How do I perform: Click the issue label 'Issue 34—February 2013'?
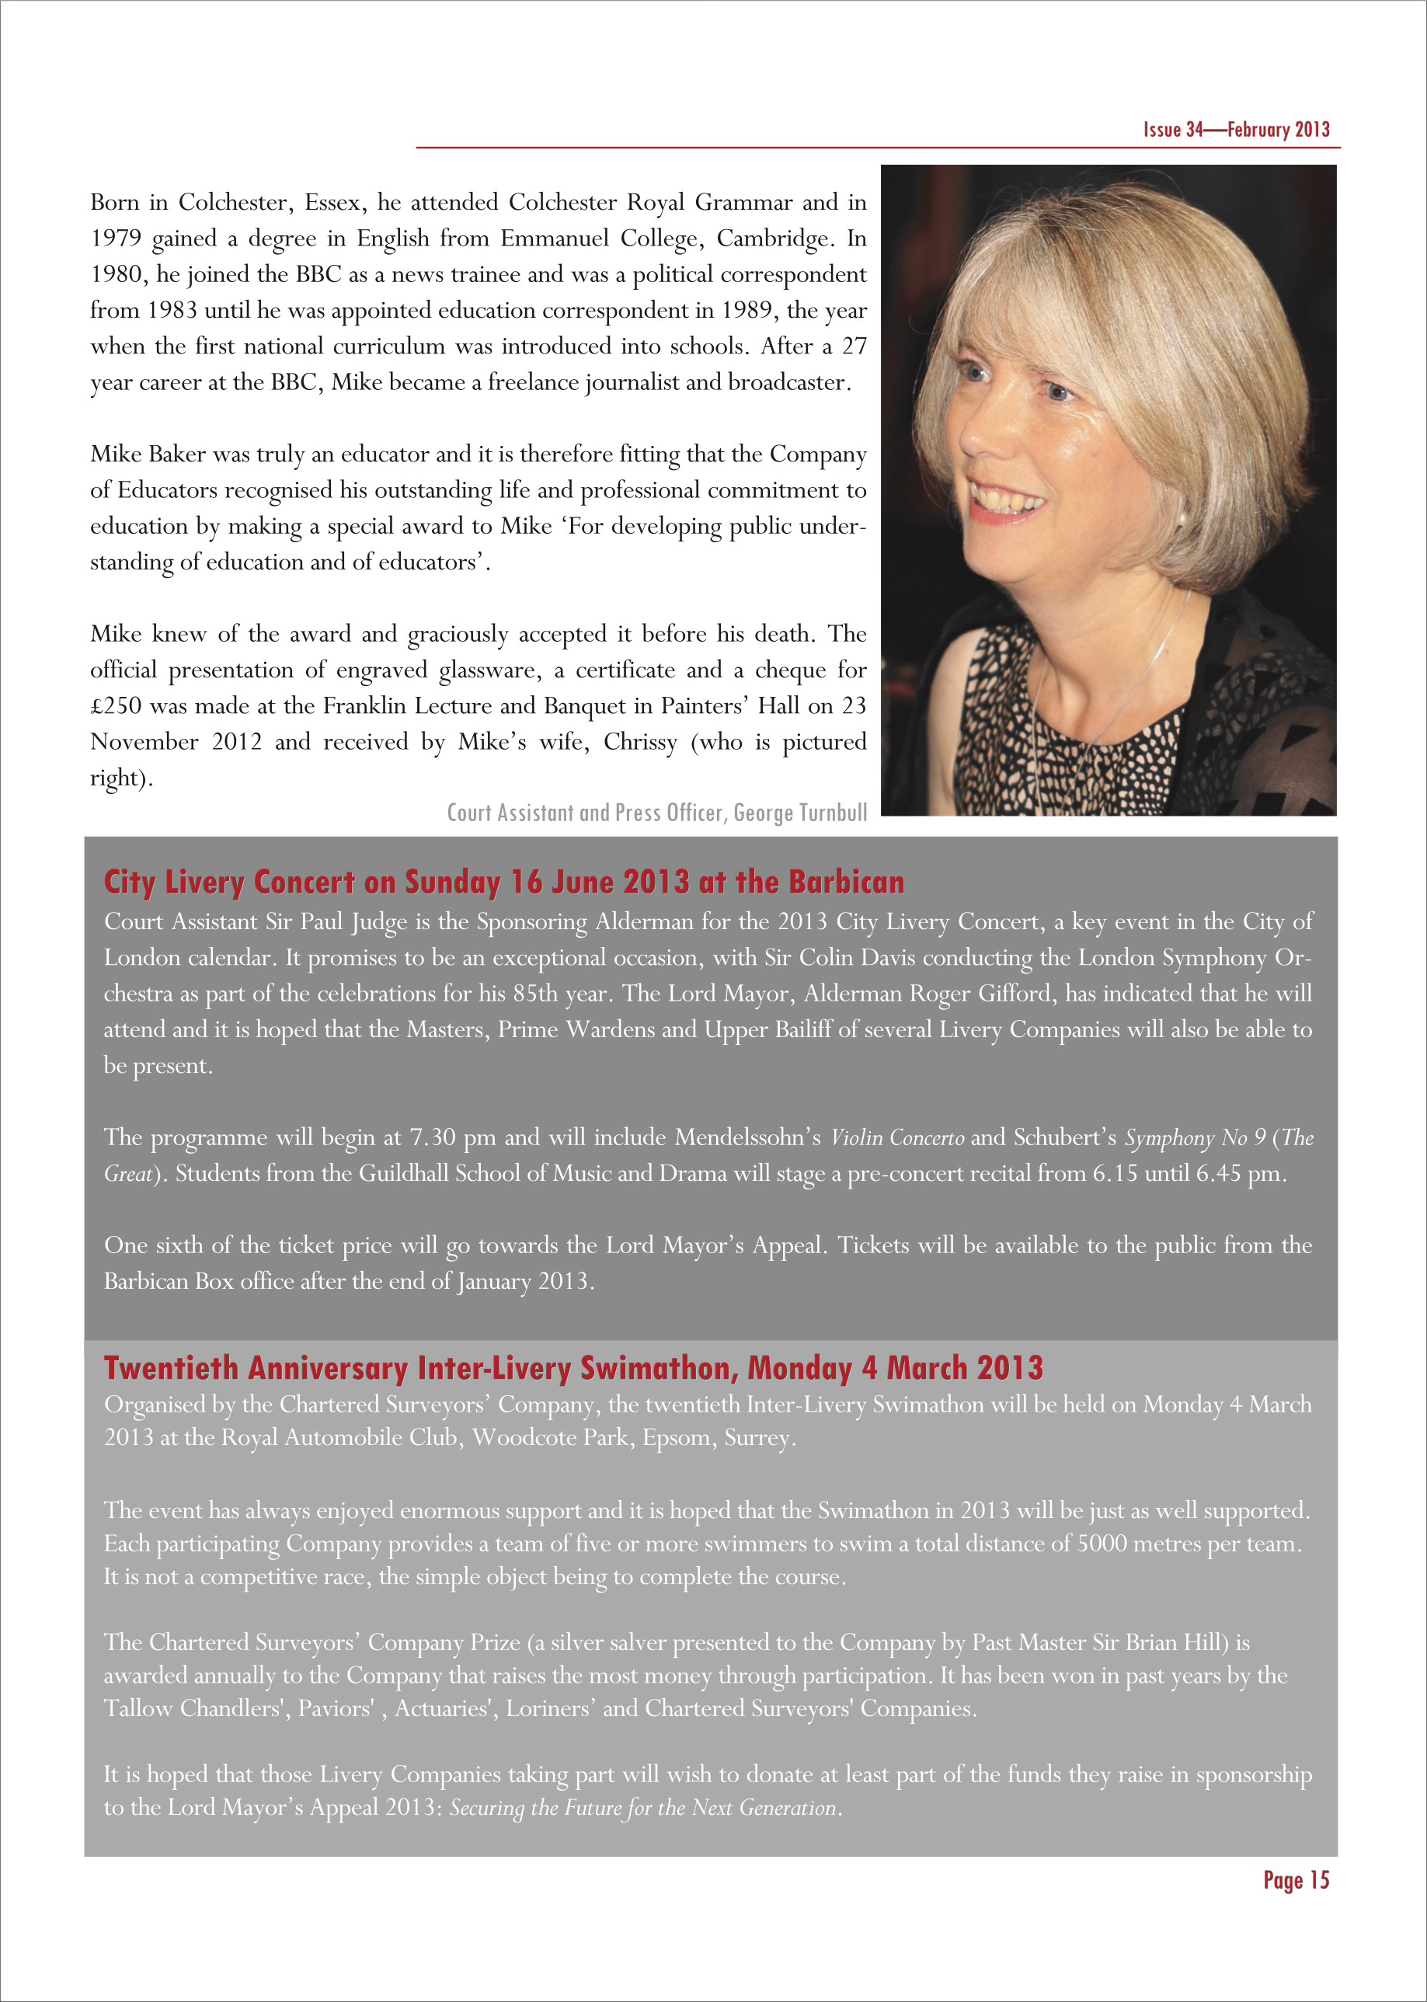pyautogui.click(x=1235, y=129)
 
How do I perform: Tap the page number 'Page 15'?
pyautogui.click(x=1296, y=1881)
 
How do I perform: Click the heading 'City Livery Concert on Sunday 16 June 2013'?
pyautogui.click(x=503, y=883)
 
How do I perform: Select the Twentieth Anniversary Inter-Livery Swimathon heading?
pyautogui.click(x=573, y=1368)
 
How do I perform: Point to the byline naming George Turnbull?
pyautogui.click(x=656, y=812)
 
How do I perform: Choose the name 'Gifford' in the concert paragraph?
pyautogui.click(x=1013, y=994)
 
